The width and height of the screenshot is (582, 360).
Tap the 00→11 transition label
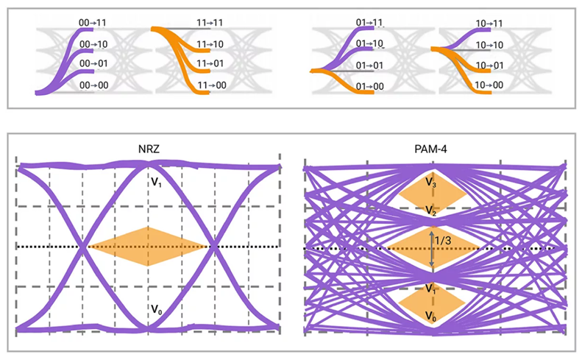click(93, 24)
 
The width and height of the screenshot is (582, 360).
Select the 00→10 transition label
click(93, 45)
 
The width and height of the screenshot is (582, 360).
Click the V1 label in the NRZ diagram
click(157, 180)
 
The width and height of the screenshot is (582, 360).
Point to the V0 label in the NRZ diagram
click(157, 310)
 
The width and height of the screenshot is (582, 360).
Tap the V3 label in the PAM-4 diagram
click(431, 181)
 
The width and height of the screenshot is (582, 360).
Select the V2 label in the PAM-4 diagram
click(431, 211)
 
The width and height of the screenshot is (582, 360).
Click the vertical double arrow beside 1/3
click(432, 247)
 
